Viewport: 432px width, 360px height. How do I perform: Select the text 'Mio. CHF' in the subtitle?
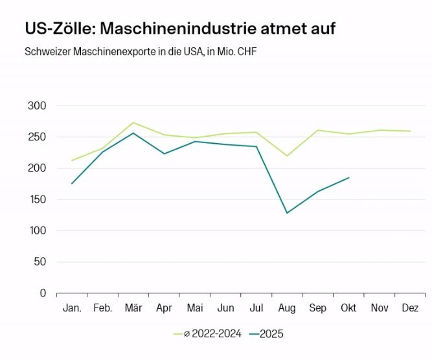236,51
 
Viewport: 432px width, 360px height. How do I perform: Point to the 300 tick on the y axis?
38,106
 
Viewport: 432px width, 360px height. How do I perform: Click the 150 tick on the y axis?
38,199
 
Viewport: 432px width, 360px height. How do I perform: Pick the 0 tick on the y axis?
43,293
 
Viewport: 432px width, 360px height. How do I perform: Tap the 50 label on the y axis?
40,262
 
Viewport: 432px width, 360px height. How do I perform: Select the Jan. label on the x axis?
72,308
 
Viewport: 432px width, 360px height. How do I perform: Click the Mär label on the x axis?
133,308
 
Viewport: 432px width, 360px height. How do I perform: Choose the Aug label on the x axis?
287,308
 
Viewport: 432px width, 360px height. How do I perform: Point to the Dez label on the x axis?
410,308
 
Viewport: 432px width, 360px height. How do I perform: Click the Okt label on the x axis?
348,308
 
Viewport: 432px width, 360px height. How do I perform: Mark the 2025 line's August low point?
287,213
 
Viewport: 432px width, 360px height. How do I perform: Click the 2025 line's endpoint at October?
349,177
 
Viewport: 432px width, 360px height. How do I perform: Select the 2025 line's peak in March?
133,133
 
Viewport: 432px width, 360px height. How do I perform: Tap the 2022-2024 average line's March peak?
133,122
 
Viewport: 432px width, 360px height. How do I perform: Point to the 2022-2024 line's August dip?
287,155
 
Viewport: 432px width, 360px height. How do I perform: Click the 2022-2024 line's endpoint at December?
410,131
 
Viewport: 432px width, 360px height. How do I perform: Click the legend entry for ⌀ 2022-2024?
207,334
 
